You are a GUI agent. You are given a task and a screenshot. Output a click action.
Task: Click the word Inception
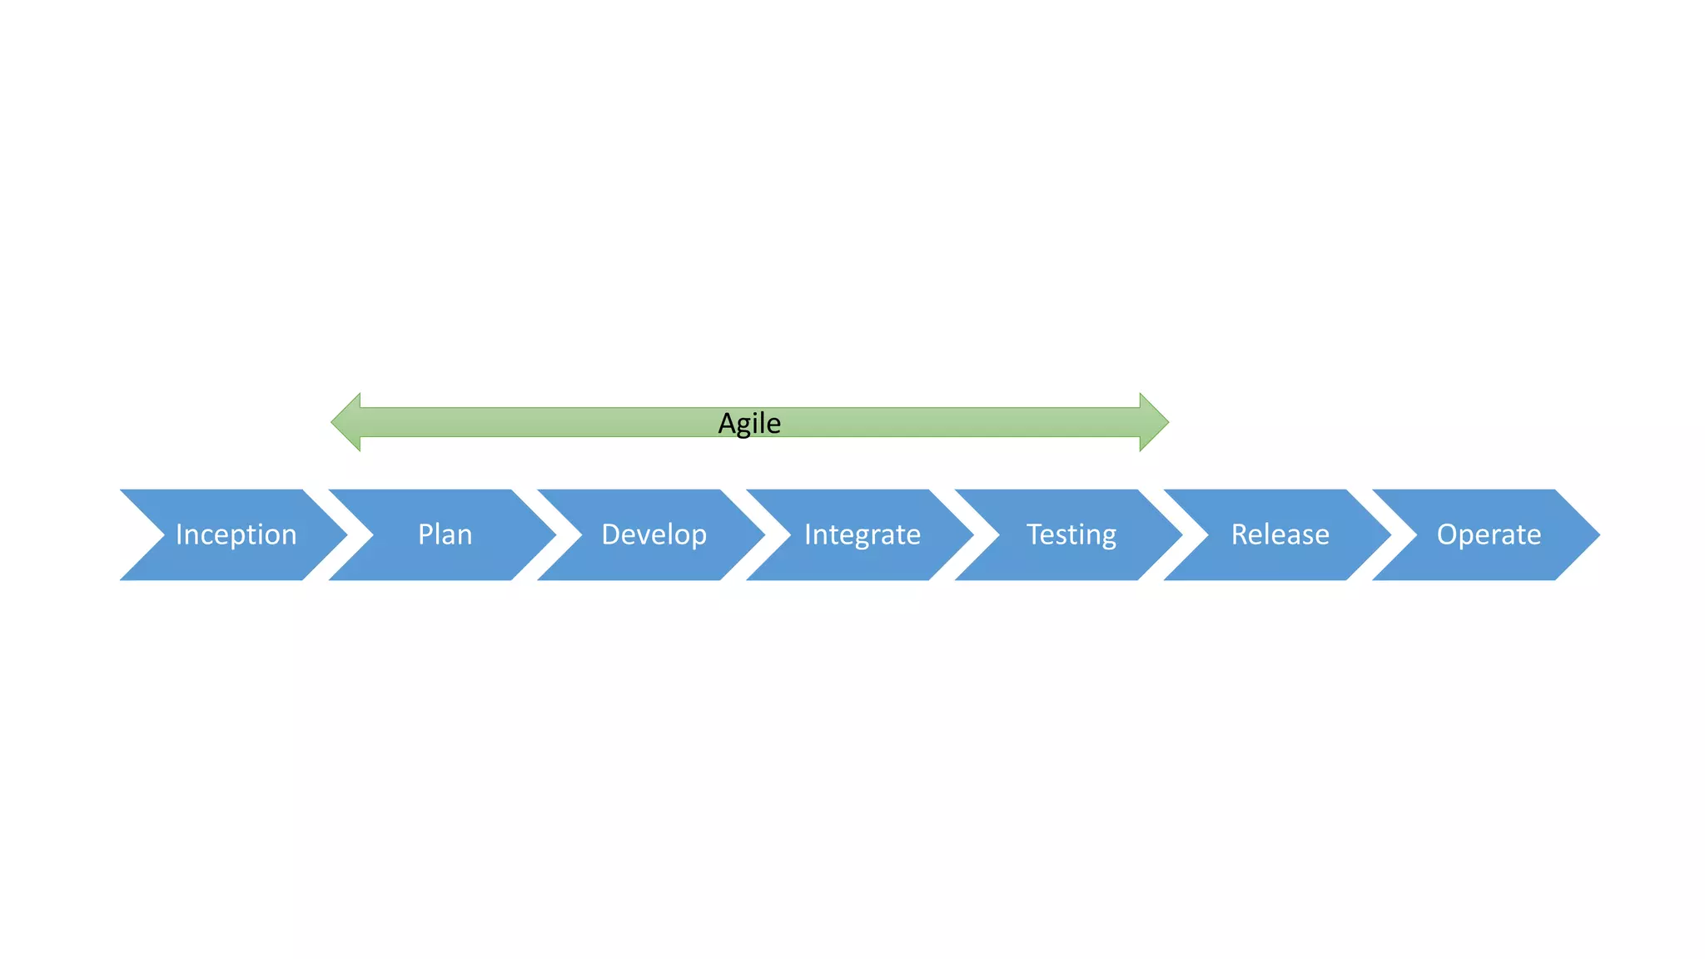point(236,534)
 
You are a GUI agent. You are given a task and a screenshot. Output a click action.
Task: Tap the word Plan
point(445,534)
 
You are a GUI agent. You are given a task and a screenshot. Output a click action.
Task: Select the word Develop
point(654,534)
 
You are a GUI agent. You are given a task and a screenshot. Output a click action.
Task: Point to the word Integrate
point(862,534)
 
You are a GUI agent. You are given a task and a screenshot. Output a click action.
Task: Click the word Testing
point(1071,534)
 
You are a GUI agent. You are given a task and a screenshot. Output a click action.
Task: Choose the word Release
point(1280,534)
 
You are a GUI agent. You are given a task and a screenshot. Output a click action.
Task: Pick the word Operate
point(1489,534)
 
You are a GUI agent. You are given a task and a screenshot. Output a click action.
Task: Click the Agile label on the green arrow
point(749,423)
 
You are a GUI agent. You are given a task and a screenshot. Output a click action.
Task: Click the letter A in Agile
point(727,423)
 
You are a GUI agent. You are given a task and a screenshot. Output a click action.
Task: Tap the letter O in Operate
point(1448,534)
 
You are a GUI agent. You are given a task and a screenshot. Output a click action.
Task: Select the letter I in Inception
point(179,534)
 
